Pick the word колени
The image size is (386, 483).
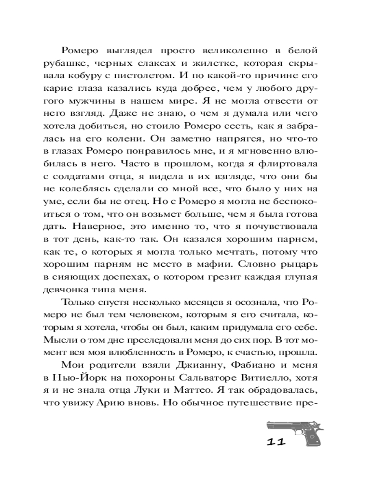(137, 139)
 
